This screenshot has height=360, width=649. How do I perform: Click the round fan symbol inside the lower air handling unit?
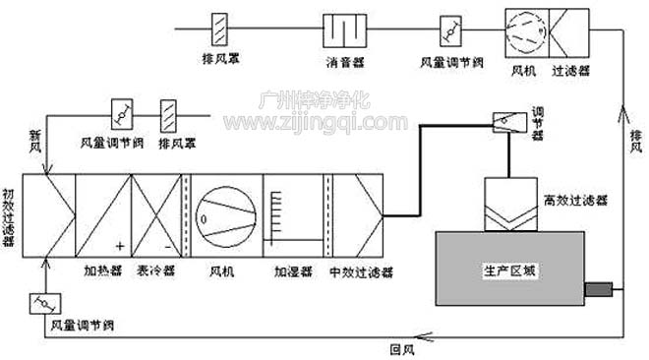point(225,214)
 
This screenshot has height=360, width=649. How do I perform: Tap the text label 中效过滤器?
point(355,269)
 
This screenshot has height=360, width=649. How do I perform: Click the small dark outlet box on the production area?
point(597,289)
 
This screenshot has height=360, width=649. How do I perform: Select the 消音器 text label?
point(340,61)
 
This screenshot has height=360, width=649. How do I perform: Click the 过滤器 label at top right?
point(570,71)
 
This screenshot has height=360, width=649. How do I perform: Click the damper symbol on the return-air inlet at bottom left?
point(43,303)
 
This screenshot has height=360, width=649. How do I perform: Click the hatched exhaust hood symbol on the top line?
point(220,28)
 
